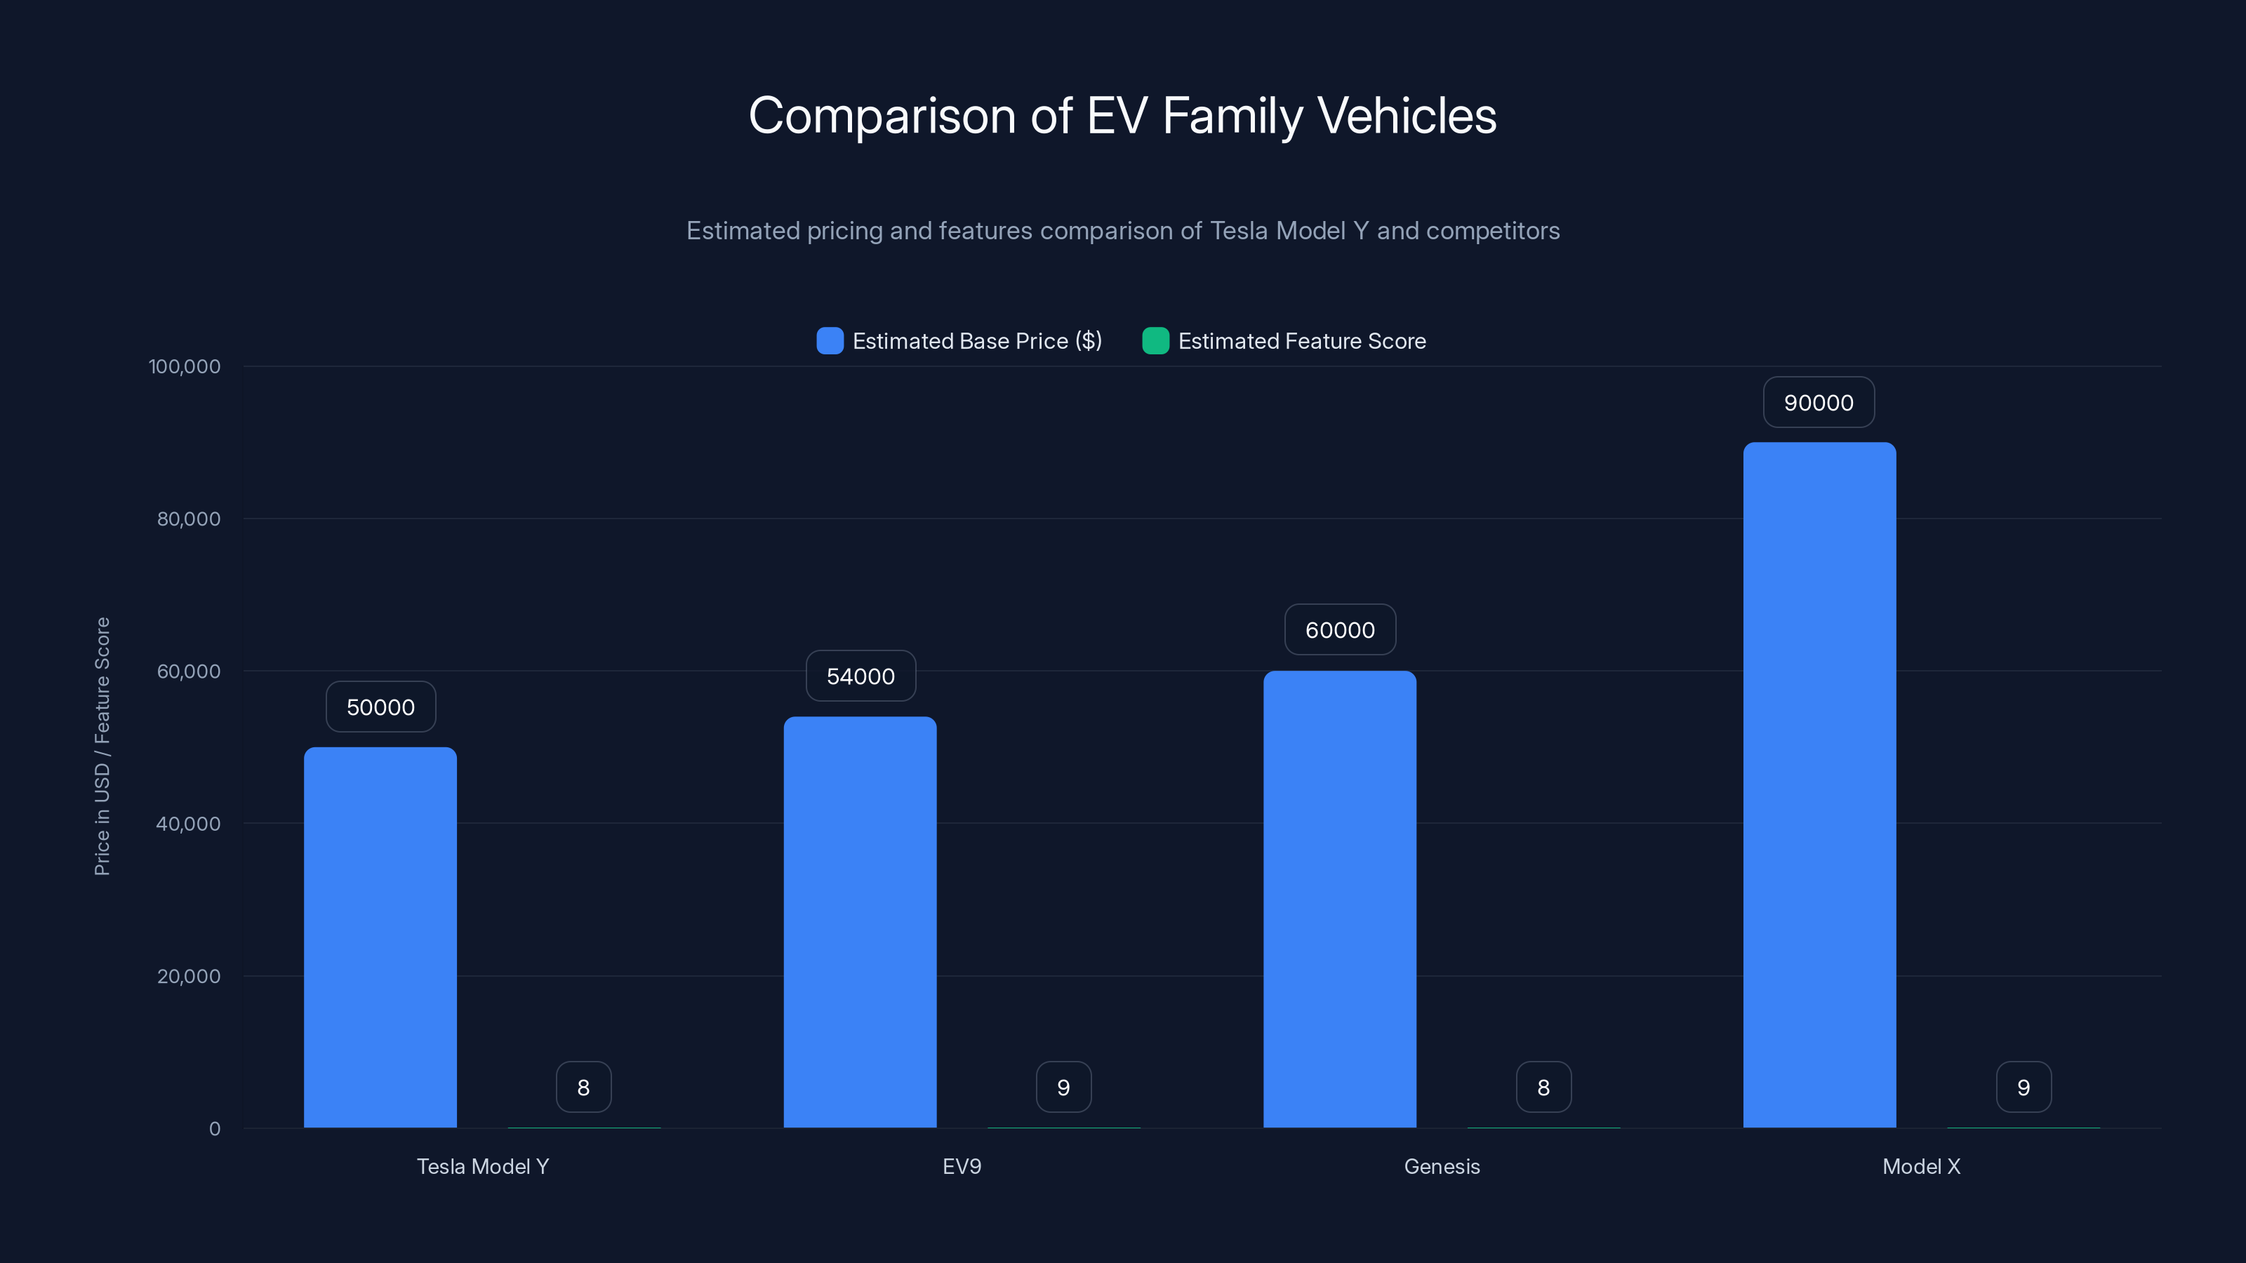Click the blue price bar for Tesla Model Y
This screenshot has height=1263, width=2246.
(x=380, y=937)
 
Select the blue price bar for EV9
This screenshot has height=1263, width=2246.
(x=860, y=922)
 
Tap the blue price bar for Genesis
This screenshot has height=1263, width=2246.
(x=1339, y=899)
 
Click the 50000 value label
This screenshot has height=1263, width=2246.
(x=380, y=707)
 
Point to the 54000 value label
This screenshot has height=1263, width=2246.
(x=860, y=676)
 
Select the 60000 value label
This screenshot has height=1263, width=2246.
(x=1339, y=630)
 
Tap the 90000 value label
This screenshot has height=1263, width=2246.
(x=1819, y=403)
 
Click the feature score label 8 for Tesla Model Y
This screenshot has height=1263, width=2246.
(x=583, y=1087)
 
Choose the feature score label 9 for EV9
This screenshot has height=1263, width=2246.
(x=1063, y=1087)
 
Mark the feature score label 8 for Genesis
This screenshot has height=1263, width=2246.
(x=1543, y=1087)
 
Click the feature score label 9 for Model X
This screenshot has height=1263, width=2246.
(x=2023, y=1087)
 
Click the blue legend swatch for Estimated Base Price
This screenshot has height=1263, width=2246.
(x=829, y=341)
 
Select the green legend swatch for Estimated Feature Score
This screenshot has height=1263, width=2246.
(x=1155, y=341)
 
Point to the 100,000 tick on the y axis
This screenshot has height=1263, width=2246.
(x=184, y=366)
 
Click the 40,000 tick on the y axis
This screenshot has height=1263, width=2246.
(x=187, y=824)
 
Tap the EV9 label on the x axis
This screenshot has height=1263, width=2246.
(x=962, y=1166)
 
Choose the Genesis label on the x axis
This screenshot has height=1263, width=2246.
(x=1441, y=1166)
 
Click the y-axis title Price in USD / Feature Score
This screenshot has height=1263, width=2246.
(x=102, y=746)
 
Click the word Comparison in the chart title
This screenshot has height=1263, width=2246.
(x=882, y=116)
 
